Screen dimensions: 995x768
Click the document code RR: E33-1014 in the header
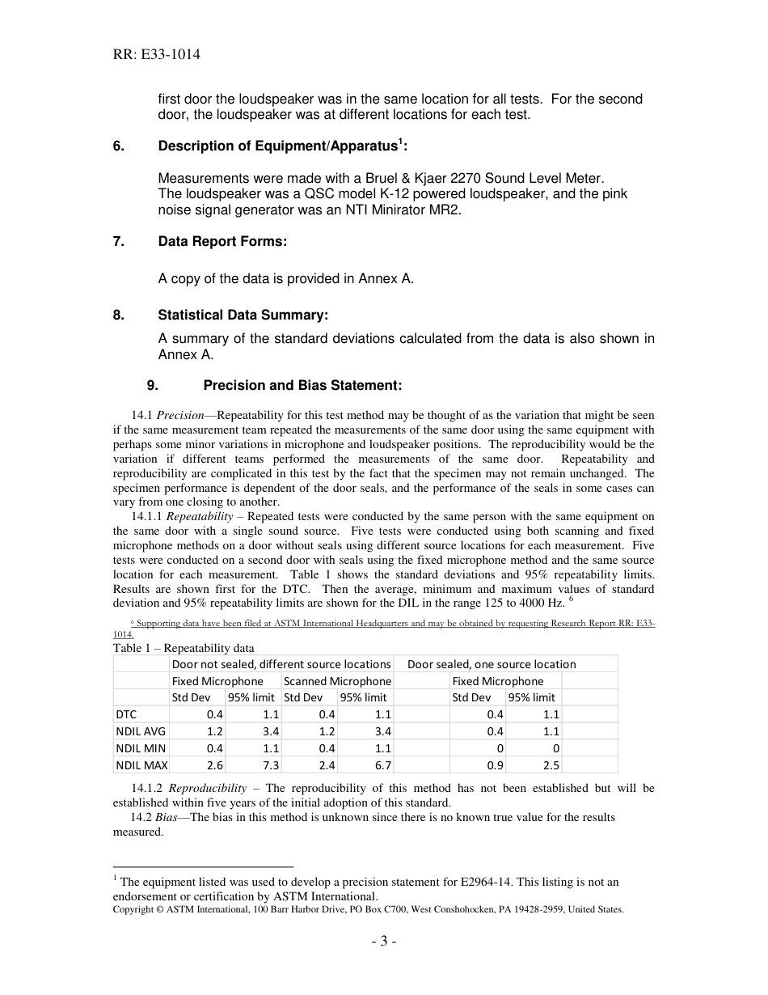point(157,55)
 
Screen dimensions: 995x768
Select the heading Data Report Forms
point(222,242)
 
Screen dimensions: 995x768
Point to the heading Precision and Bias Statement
point(302,385)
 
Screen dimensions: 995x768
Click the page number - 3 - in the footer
point(383,941)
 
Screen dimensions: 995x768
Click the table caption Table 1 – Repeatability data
point(183,648)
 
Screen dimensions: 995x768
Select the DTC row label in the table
point(126,714)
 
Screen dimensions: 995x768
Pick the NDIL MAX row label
point(141,764)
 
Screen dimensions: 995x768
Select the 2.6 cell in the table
point(214,764)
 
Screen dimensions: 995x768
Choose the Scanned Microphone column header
point(337,681)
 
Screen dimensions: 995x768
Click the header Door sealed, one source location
point(492,664)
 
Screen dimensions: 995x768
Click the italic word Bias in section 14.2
point(166,817)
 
